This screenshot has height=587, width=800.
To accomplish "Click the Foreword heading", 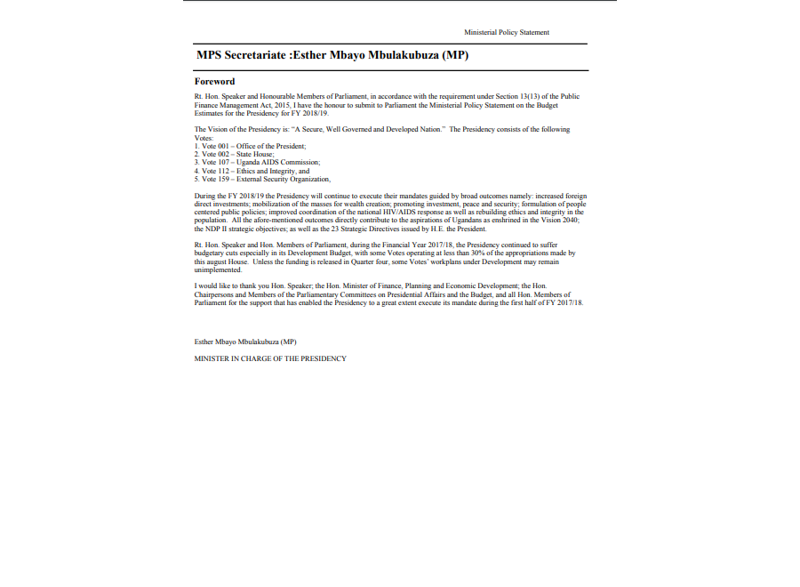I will [214, 81].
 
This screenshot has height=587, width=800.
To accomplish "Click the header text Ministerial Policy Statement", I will [507, 32].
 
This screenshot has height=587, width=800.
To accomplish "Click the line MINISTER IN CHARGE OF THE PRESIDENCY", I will [270, 358].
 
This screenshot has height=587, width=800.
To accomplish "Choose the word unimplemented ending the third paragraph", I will [218, 269].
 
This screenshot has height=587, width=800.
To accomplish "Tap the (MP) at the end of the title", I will [456, 55].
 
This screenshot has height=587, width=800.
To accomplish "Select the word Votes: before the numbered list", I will [204, 138].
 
